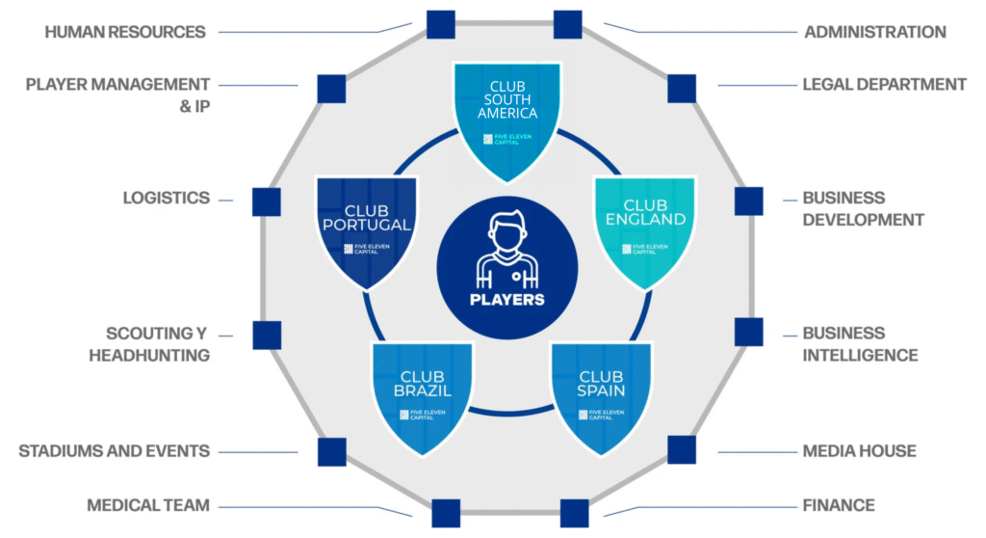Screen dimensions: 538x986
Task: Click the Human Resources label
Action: point(125,32)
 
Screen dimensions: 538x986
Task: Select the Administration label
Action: point(874,32)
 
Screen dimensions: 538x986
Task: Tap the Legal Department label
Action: point(884,85)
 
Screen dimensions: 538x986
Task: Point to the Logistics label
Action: point(166,198)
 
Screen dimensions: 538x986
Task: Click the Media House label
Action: point(859,451)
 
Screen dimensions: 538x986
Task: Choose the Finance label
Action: point(839,505)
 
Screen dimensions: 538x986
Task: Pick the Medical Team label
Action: point(148,505)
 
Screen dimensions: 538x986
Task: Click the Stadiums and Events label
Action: point(115,451)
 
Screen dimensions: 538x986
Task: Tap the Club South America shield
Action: point(507,116)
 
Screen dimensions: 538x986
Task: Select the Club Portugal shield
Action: point(366,229)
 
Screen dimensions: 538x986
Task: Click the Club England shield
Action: point(644,229)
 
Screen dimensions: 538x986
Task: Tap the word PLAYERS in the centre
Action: point(507,299)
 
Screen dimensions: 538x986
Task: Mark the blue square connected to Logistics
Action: point(266,202)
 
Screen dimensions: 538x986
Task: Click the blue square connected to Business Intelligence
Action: point(748,332)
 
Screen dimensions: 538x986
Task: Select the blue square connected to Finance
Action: point(574,513)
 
